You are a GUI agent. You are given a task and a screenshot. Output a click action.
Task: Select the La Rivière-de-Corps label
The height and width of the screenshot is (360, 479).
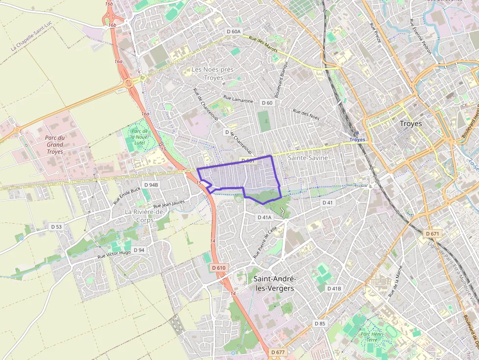coord(145,216)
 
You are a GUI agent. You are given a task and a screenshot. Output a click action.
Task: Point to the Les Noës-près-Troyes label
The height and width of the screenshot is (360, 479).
coord(214,74)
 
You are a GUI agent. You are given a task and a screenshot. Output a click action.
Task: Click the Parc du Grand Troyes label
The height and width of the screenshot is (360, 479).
coord(55,145)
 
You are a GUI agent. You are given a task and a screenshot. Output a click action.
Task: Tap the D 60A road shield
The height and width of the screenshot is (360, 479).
coord(234,31)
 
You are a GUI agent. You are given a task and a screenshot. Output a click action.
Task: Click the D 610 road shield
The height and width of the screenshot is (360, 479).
coord(219,268)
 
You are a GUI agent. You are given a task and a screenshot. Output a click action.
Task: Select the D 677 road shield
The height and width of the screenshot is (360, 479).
coord(278,352)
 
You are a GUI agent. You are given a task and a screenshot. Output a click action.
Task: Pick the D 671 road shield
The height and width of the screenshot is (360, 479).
coord(433,234)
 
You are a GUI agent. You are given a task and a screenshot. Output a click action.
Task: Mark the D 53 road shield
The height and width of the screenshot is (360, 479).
coord(57,227)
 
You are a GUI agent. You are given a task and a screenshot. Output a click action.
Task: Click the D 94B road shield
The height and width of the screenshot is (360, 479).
coord(152,185)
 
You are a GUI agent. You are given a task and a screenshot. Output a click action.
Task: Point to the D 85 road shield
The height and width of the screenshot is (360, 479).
coord(320,323)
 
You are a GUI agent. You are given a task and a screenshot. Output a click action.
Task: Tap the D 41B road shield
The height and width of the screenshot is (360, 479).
coord(334,289)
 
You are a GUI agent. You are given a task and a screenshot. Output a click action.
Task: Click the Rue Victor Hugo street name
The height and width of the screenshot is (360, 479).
coord(114,254)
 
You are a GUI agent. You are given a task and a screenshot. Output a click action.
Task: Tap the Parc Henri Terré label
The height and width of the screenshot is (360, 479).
coord(369,337)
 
